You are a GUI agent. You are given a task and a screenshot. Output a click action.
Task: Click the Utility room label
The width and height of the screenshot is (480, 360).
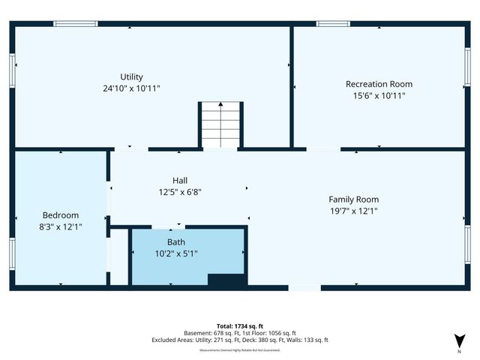click(132, 76)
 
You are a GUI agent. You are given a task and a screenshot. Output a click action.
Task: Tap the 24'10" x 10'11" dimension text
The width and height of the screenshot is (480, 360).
click(132, 88)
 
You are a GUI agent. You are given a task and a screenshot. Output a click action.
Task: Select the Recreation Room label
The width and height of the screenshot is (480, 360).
click(379, 84)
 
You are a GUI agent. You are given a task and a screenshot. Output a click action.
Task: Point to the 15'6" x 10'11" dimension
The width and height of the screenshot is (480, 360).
click(379, 96)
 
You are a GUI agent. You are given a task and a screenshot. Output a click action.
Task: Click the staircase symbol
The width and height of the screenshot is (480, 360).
click(221, 124)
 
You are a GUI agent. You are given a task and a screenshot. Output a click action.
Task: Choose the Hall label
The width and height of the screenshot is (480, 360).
click(180, 180)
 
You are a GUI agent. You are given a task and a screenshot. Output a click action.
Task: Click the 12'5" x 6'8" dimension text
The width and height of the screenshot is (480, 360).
click(180, 192)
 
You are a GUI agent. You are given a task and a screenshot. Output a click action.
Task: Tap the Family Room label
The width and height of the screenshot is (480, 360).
click(353, 199)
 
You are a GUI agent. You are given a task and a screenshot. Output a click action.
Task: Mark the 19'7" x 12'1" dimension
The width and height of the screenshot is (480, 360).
click(353, 211)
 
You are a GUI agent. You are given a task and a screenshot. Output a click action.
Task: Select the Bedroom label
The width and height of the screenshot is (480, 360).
click(61, 214)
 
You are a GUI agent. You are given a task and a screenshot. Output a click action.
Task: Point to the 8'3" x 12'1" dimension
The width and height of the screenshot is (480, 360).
click(61, 226)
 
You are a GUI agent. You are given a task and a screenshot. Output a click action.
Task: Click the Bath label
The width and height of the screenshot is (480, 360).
click(176, 241)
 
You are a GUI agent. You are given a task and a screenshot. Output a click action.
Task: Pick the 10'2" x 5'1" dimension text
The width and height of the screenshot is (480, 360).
click(176, 253)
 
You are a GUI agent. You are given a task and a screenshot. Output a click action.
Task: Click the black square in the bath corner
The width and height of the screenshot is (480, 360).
click(226, 280)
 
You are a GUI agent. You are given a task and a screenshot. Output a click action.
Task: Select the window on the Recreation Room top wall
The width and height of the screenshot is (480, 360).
click(333, 24)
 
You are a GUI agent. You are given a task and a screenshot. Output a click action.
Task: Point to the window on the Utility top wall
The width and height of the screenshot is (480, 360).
click(75, 24)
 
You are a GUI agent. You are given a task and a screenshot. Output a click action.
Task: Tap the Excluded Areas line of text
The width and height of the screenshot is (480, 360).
click(240, 340)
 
